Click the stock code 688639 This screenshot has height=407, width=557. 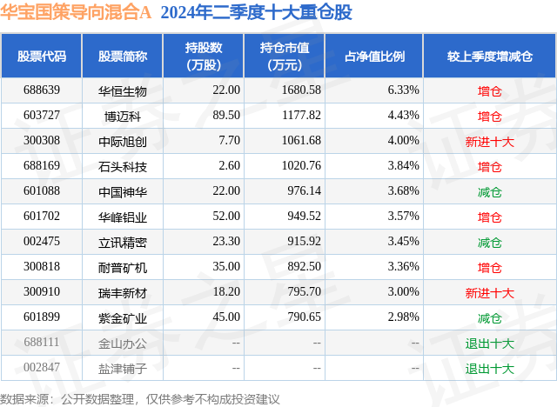[x=42, y=90]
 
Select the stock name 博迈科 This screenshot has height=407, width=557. [x=123, y=116]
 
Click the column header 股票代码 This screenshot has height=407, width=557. [x=42, y=57]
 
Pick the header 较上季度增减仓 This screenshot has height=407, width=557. [x=489, y=57]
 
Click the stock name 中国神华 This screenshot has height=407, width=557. [x=123, y=191]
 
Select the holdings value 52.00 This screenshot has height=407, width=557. [x=225, y=217]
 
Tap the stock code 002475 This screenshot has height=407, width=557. [x=42, y=242]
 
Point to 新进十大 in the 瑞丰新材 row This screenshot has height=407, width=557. [x=489, y=293]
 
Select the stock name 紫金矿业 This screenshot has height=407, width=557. [x=123, y=318]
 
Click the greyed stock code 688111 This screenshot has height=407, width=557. [x=42, y=344]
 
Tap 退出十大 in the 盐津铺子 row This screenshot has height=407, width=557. [x=489, y=369]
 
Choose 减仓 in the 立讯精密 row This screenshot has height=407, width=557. [x=489, y=242]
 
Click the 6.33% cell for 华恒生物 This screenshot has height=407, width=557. [x=402, y=90]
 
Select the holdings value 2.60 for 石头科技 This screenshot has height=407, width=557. [x=228, y=166]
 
